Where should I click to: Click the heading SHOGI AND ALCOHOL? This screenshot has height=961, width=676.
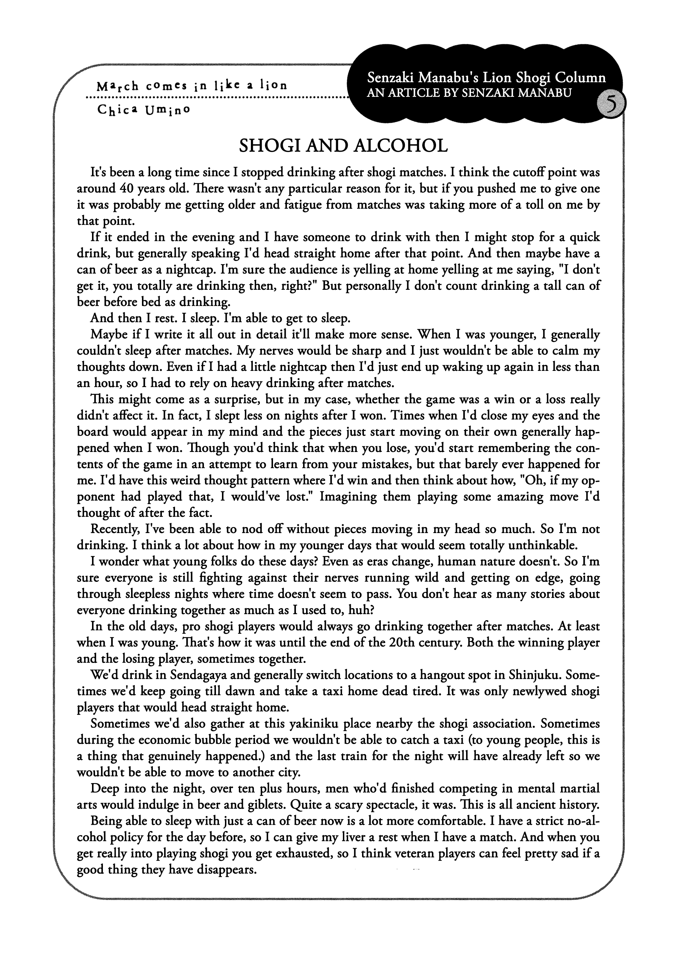pos(343,146)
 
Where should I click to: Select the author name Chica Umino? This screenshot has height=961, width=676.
pos(144,110)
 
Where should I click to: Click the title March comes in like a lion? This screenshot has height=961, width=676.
pos(192,85)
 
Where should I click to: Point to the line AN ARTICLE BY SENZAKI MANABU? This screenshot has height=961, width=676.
pos(469,93)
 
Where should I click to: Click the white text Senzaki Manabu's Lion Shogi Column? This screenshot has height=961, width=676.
pos(486,78)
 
